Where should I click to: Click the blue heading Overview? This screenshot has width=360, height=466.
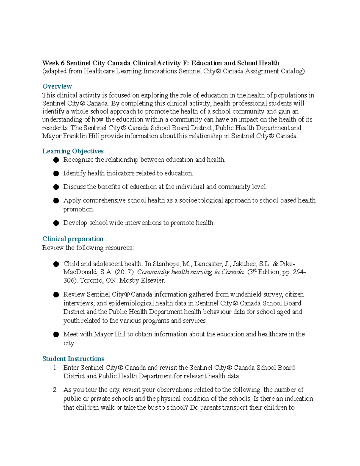tap(57, 86)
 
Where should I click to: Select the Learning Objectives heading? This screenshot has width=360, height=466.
tap(73, 151)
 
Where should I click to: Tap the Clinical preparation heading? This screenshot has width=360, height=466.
tap(73, 239)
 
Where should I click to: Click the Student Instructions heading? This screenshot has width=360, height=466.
tap(73, 359)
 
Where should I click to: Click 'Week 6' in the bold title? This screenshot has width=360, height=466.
tap(53, 63)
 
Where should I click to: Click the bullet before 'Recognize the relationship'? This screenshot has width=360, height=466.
tap(56, 160)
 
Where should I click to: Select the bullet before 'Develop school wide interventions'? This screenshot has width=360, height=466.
tap(56, 223)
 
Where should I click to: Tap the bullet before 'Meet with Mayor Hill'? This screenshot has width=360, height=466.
tap(56, 335)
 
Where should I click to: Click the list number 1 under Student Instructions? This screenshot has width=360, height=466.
tap(55, 368)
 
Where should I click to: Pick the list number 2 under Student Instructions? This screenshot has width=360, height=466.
tap(55, 390)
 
